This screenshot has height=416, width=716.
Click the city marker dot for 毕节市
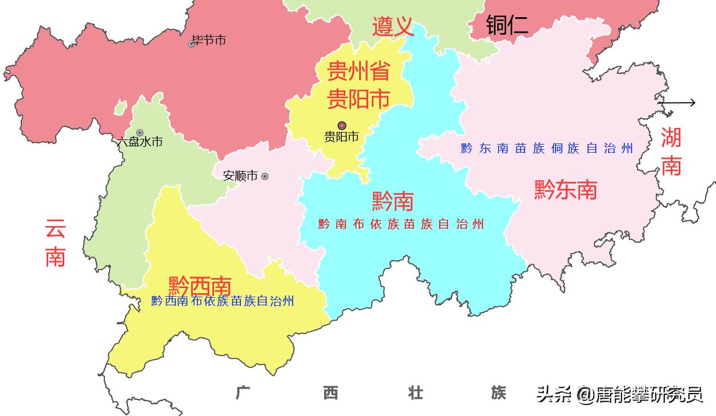point(192,44)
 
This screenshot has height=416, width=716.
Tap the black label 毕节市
point(209,40)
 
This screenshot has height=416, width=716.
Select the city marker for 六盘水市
point(139,133)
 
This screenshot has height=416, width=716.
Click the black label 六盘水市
point(140,142)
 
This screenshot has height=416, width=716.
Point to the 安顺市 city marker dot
point(264,176)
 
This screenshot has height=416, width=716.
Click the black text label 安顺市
point(240,176)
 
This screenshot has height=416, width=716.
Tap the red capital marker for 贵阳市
point(342,125)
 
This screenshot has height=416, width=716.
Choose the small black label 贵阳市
point(341,137)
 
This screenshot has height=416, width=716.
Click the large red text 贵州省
point(358,72)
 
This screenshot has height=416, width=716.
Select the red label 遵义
point(393,26)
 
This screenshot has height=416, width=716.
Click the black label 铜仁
point(507,25)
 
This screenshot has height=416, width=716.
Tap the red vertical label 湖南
point(671,151)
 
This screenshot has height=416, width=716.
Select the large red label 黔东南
point(565,189)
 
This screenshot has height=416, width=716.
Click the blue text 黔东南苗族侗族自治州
point(547,149)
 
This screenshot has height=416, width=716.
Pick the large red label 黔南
point(392,201)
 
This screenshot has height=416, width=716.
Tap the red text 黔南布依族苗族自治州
point(401,224)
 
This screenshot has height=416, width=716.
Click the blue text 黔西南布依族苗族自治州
point(223,301)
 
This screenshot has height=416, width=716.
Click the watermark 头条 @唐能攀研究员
point(620,394)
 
